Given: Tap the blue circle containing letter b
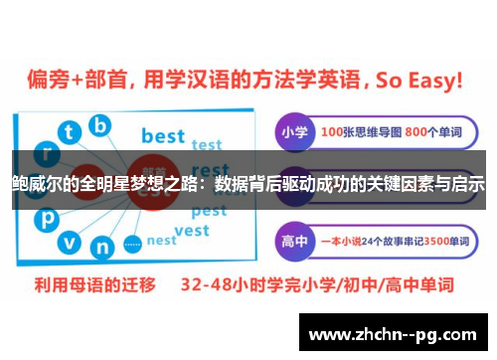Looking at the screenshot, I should [x=99, y=125].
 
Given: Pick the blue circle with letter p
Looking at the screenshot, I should [x=44, y=218].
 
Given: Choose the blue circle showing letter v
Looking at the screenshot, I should [x=68, y=241].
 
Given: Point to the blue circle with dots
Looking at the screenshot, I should [x=133, y=242].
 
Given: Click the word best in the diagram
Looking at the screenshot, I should [x=164, y=134].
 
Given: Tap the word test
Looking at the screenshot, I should [x=207, y=145].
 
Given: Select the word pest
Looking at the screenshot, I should [x=209, y=211].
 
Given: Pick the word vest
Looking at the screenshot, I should [x=191, y=231].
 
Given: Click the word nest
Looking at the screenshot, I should [x=161, y=241].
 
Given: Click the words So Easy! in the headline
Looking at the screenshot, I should [x=419, y=80].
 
